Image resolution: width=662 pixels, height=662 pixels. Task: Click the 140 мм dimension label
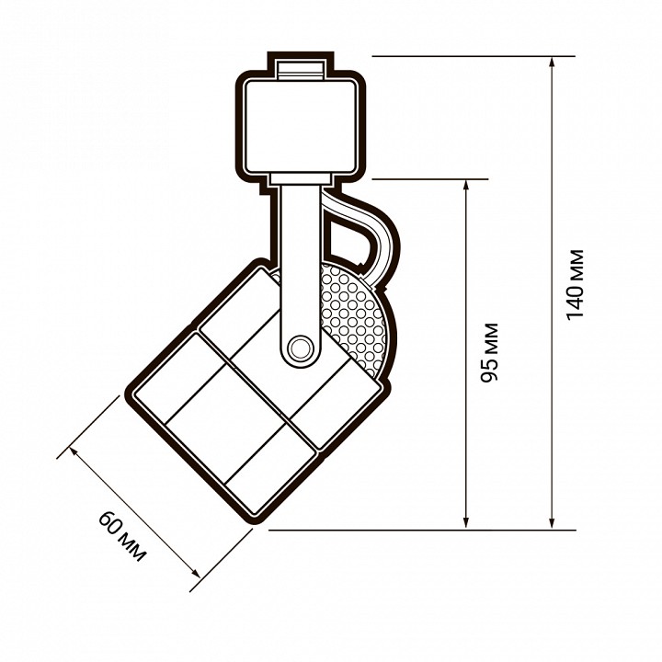click(x=576, y=285)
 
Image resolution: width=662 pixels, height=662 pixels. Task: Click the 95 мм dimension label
click(x=490, y=352)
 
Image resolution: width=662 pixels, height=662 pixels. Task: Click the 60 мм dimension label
click(x=122, y=536)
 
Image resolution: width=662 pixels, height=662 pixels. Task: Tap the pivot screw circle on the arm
click(x=300, y=348)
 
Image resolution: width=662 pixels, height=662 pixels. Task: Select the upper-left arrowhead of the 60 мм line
click(x=74, y=451)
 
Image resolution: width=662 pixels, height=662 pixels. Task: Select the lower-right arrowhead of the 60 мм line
click(x=196, y=573)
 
